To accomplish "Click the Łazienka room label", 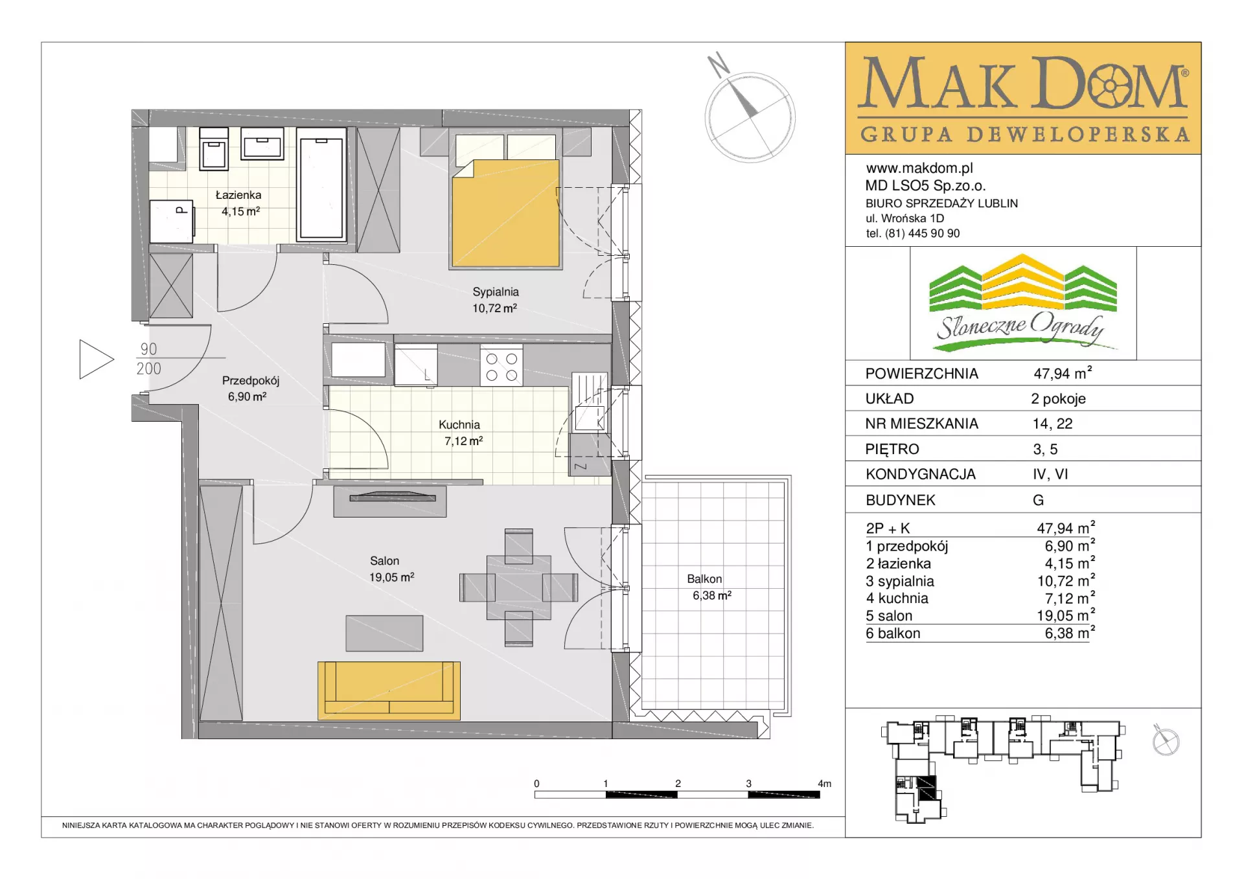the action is pyautogui.click(x=238, y=195).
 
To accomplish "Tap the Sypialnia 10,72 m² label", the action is pyautogui.click(x=495, y=300).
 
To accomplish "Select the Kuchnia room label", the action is pyautogui.click(x=459, y=425).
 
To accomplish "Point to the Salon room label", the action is pyautogui.click(x=384, y=561).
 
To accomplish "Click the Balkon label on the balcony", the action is pyautogui.click(x=704, y=579).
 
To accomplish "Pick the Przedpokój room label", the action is pyautogui.click(x=251, y=381).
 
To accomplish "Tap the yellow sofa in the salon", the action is pyautogui.click(x=389, y=691).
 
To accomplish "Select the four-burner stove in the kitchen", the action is pyautogui.click(x=501, y=367).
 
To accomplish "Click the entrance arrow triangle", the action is pyautogui.click(x=97, y=360).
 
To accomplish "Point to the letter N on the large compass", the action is pyautogui.click(x=718, y=65).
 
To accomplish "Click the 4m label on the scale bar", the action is pyautogui.click(x=824, y=784).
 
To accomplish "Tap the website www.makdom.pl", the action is pyautogui.click(x=919, y=168).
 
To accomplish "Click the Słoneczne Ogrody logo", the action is pyautogui.click(x=1023, y=303).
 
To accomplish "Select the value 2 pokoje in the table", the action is pyautogui.click(x=1059, y=399).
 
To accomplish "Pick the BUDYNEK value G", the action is pyautogui.click(x=1038, y=500).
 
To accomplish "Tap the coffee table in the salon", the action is pyautogui.click(x=384, y=633).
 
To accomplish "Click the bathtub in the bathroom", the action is pyautogui.click(x=321, y=184).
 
